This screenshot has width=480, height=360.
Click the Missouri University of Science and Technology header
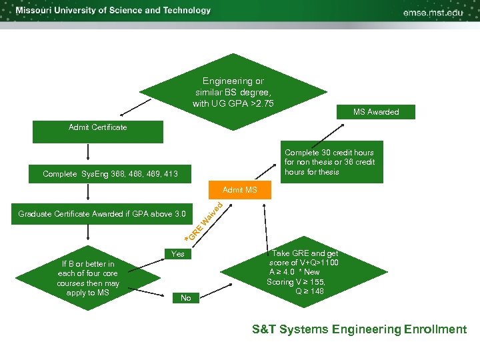(x=113, y=11)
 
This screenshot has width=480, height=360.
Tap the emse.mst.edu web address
(x=434, y=12)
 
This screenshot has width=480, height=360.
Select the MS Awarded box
(x=376, y=112)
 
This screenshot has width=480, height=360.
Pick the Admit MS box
(x=239, y=191)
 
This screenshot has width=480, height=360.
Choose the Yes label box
(x=178, y=254)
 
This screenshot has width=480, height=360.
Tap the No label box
(x=185, y=298)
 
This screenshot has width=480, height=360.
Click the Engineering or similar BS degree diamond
(x=233, y=93)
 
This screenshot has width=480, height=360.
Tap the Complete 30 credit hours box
(x=329, y=162)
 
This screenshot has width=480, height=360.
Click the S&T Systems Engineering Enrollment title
(x=359, y=329)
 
